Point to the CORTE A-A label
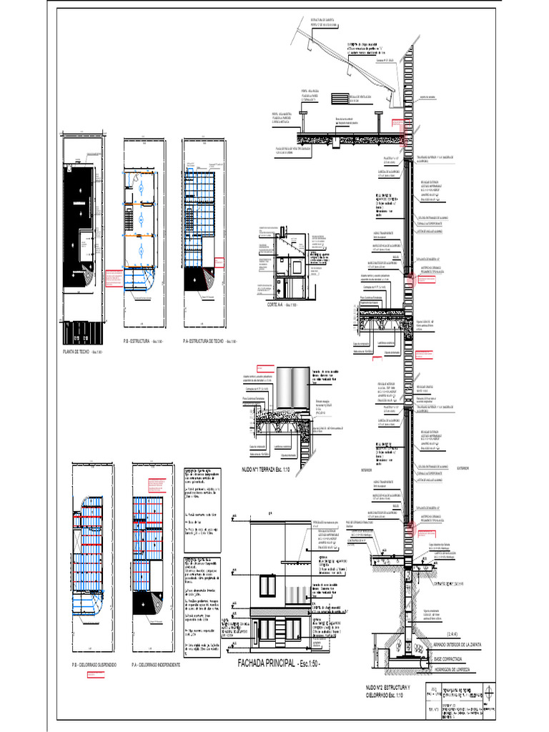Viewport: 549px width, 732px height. tap(276, 305)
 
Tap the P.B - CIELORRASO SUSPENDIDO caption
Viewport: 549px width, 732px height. tap(89, 665)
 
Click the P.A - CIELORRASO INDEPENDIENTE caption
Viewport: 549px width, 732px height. tap(156, 665)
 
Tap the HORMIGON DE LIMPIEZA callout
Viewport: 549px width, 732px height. tap(457, 670)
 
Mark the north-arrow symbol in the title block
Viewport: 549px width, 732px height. tap(488, 693)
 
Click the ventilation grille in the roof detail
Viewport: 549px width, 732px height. tap(357, 98)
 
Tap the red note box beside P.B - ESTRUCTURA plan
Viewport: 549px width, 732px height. tap(112, 277)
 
